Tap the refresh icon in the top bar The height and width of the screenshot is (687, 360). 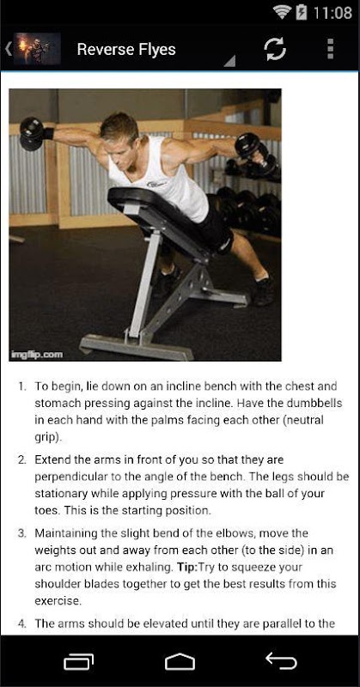click(276, 49)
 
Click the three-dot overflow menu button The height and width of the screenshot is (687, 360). click(330, 49)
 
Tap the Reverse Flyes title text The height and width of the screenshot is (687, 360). click(126, 50)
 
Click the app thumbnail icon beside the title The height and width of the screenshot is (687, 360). click(37, 49)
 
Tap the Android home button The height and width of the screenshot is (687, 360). click(180, 660)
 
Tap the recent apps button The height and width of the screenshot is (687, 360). click(79, 661)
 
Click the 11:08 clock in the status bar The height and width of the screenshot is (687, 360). click(333, 13)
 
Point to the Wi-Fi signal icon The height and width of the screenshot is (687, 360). click(283, 12)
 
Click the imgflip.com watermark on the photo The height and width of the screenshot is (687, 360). click(38, 354)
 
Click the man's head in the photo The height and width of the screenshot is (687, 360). click(119, 131)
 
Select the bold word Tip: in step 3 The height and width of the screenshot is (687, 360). click(187, 567)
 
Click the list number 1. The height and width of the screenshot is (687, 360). click(22, 387)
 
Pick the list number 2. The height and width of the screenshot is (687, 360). click(22, 460)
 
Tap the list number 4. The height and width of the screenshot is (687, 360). click(22, 623)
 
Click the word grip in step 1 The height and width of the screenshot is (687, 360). click(46, 438)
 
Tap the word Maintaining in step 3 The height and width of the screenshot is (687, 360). click(61, 533)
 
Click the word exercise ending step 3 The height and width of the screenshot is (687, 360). click(57, 600)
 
